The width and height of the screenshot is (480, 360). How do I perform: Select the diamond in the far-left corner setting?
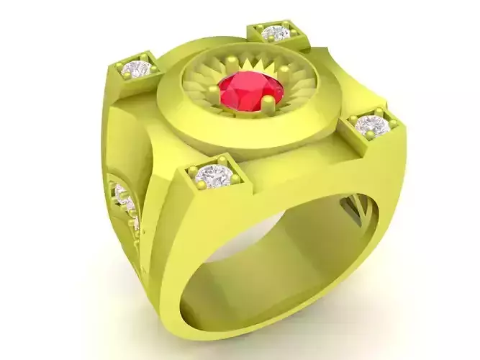(x=137, y=69)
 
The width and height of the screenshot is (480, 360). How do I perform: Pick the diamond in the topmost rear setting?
(x=276, y=33)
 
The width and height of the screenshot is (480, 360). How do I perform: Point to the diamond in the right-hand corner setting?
(x=371, y=125)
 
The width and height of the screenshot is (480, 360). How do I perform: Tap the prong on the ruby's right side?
(x=284, y=72)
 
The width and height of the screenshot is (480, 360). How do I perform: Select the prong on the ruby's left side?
(x=214, y=91)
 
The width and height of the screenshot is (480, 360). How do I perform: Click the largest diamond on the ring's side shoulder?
(x=120, y=193)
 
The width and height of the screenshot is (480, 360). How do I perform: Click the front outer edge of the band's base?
(x=216, y=328)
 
